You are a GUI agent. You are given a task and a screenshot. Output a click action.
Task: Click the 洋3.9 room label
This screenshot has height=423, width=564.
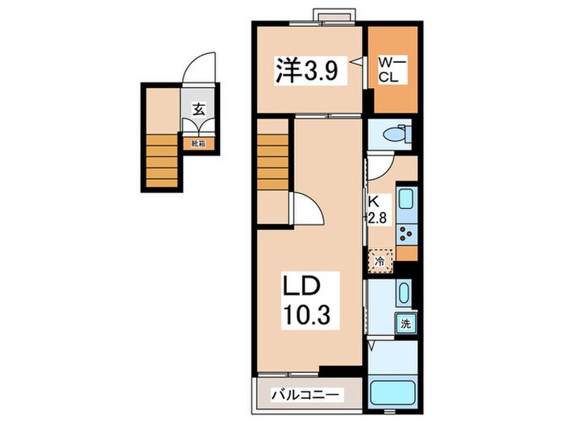pyautogui.click(x=307, y=72)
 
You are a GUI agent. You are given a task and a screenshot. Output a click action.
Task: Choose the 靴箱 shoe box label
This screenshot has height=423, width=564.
pyautogui.click(x=197, y=143)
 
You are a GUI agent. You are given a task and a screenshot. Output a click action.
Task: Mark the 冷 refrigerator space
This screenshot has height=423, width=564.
pyautogui.click(x=379, y=260)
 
